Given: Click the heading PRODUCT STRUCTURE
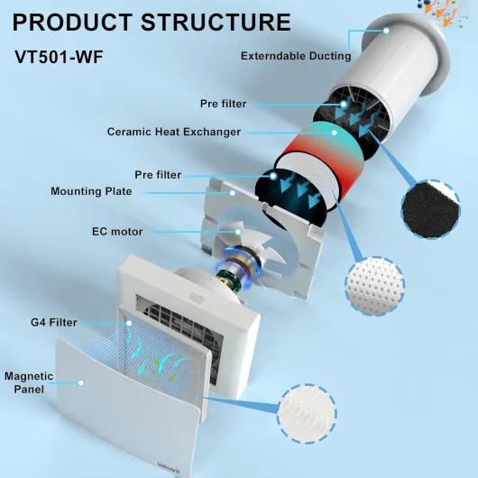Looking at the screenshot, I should coord(152,22).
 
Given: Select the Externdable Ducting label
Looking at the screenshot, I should coord(296,56).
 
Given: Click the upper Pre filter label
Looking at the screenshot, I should coord(223,104).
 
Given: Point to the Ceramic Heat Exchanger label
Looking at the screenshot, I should coord(174,132).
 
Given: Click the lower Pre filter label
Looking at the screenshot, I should coord(158,174).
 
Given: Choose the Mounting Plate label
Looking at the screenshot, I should coord(91,191).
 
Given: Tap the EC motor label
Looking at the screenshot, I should coord(117,232).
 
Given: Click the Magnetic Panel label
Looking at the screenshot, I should coord(29,382).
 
